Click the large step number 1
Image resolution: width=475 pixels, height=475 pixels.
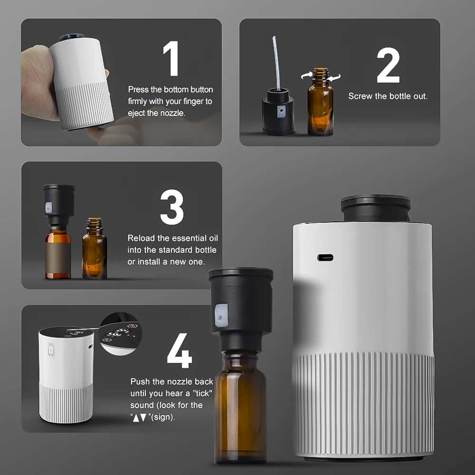(171, 59)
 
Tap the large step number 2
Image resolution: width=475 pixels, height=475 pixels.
(388, 66)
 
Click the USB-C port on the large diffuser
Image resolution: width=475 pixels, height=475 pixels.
(325, 257)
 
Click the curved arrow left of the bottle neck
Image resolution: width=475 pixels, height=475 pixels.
(306, 75)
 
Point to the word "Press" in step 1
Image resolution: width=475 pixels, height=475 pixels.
(138, 90)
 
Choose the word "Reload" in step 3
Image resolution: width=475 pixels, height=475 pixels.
(141, 238)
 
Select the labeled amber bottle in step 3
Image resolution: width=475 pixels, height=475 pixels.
(58, 251)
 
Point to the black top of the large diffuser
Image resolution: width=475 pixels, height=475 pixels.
(375, 208)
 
